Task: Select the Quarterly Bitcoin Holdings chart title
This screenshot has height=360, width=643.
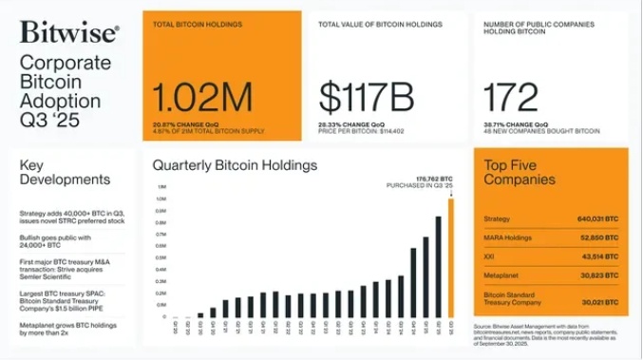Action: (x=235, y=165)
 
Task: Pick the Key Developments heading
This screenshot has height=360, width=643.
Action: (x=65, y=172)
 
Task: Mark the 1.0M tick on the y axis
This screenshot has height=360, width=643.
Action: (x=161, y=199)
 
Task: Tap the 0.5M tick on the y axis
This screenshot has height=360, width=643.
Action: (x=161, y=257)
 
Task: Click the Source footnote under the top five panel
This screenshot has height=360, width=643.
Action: (x=549, y=334)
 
